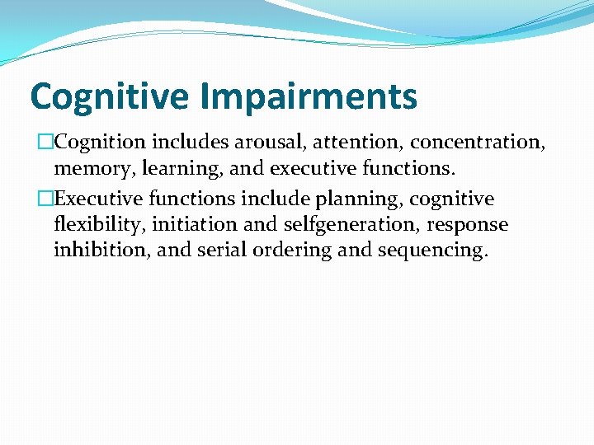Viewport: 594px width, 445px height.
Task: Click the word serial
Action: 223,250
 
